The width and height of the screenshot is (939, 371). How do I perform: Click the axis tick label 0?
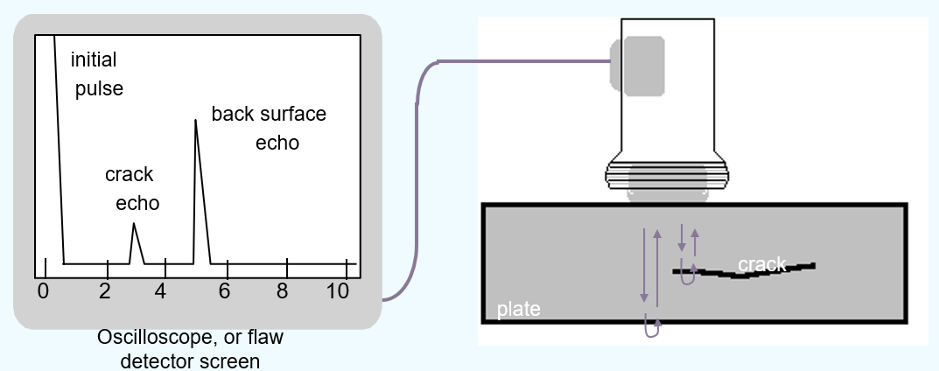coord(42,290)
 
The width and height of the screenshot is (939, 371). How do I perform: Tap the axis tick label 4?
coord(161,290)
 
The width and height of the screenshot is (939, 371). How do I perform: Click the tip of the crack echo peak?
coord(134,224)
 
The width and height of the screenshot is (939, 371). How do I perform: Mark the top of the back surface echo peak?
coord(195,120)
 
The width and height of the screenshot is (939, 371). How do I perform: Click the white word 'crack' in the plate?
coord(761,263)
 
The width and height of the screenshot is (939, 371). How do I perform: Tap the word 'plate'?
coord(519,309)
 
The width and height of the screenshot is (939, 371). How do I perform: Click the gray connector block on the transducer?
coord(642,66)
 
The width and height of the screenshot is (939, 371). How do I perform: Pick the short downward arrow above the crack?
coord(682,237)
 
